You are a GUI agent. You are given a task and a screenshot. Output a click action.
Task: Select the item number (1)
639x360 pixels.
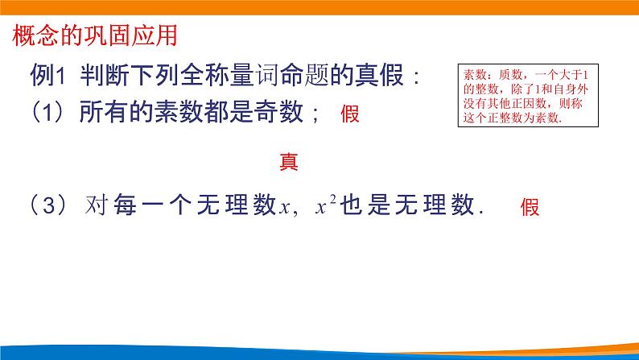(47, 114)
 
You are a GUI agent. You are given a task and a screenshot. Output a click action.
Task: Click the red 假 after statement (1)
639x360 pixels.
(349, 114)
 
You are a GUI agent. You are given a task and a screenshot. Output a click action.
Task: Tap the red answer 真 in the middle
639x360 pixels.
(288, 162)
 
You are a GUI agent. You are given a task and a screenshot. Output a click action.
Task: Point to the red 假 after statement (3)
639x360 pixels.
(530, 207)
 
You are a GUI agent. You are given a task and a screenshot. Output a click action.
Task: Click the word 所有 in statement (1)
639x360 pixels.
(102, 114)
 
